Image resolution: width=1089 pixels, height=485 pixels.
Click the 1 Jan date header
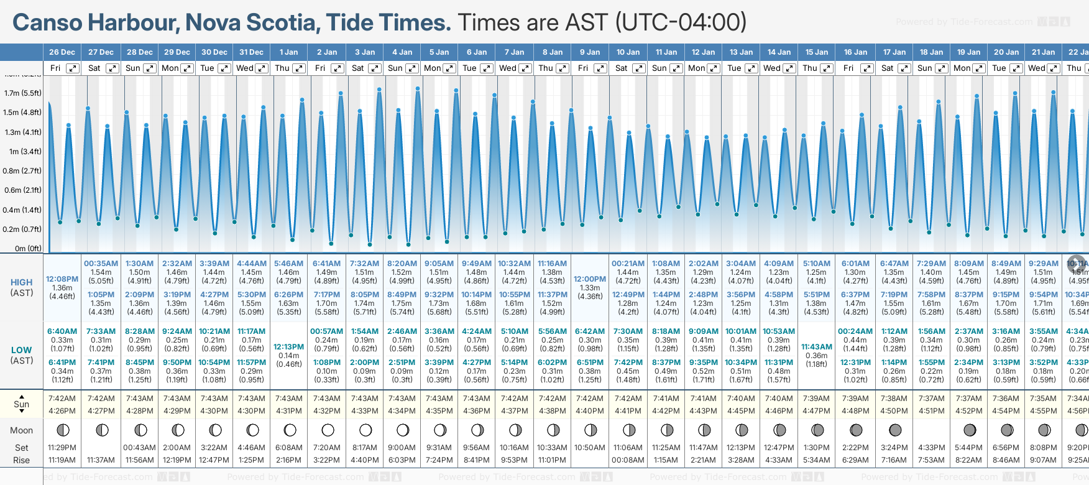288,52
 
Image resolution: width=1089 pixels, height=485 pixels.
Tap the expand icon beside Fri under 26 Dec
73,68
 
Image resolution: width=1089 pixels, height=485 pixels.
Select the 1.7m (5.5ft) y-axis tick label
23,93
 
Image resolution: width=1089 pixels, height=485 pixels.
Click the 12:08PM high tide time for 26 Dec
62,279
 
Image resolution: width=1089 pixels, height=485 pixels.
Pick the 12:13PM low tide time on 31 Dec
289,347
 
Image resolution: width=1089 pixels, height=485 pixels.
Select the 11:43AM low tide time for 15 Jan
817,347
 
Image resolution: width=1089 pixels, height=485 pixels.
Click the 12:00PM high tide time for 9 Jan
590,279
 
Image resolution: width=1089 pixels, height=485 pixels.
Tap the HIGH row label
22,282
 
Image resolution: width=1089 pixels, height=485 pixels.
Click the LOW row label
22,350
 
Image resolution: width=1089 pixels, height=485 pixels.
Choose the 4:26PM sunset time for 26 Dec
62,411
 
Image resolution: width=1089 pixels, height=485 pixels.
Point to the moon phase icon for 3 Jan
365,430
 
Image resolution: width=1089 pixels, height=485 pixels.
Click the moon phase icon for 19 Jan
970,430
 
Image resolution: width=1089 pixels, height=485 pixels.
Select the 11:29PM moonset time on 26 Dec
62,448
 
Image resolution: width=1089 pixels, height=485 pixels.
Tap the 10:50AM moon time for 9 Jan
590,448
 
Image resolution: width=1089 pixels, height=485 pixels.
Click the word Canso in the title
47,23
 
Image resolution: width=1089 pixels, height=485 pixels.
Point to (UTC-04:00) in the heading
681,23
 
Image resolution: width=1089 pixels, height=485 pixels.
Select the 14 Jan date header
779,52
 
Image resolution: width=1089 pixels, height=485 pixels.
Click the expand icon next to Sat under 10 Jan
638,68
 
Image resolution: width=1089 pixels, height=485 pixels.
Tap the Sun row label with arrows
22,404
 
